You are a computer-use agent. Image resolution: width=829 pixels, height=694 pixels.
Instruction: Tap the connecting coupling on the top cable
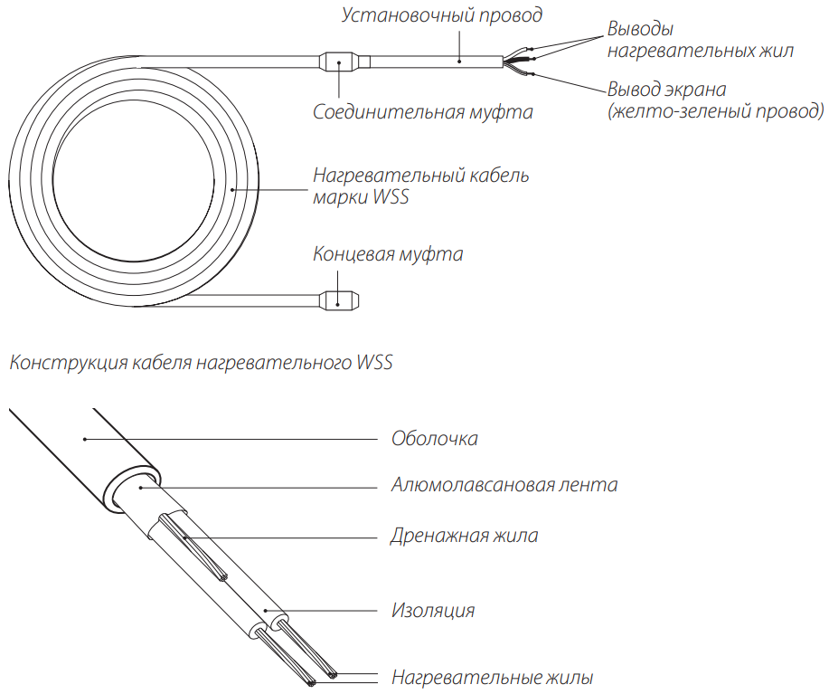point(340,62)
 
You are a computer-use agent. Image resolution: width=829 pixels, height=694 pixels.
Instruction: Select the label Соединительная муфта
point(422,113)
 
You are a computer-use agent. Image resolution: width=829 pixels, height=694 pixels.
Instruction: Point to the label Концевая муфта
point(388,253)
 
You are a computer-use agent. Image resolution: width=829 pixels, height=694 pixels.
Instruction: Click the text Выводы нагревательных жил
point(700,40)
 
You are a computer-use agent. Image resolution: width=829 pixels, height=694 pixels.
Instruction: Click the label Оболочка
point(434,439)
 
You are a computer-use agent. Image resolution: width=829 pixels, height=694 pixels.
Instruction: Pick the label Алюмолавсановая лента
point(504,485)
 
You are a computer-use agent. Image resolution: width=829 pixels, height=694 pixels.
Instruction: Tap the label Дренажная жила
point(464,536)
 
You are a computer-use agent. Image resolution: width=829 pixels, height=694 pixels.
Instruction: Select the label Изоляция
point(432,610)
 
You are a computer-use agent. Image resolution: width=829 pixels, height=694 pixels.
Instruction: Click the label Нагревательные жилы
point(492,677)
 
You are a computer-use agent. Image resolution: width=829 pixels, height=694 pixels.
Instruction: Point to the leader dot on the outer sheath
point(84,439)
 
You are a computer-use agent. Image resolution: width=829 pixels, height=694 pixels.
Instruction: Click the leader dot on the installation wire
point(459,62)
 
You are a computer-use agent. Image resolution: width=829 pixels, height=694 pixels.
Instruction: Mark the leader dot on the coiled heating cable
point(233,188)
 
